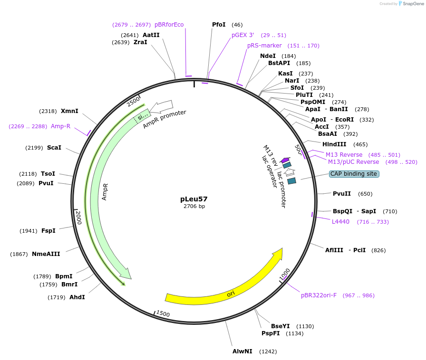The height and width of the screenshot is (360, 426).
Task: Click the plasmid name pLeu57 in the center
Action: click(194, 199)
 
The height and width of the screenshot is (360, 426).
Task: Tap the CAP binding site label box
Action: click(354, 174)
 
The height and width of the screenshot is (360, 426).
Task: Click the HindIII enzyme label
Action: click(334, 144)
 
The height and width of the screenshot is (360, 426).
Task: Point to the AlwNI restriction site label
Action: click(242, 351)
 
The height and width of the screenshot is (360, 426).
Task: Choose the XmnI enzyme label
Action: click(69, 111)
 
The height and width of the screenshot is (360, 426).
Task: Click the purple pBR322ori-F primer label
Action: click(319, 295)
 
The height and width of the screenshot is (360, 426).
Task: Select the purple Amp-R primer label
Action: click(60, 126)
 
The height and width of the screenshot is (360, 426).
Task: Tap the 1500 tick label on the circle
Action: click(163, 313)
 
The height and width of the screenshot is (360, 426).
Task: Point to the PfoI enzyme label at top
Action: click(219, 25)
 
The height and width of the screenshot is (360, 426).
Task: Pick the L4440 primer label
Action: click(340, 222)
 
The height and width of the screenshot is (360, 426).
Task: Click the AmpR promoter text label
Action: click(165, 119)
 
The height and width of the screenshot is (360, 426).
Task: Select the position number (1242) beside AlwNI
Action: click(268, 351)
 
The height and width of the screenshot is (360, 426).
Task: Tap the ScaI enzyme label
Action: click(54, 148)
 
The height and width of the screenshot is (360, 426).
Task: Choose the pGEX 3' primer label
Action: click(243, 35)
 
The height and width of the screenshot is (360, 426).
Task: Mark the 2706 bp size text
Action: click(194, 206)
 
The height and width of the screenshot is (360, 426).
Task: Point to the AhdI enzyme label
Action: click(77, 297)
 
